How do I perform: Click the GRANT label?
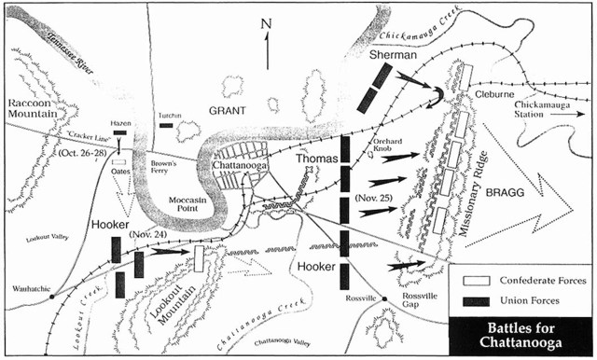(x=229, y=110)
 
